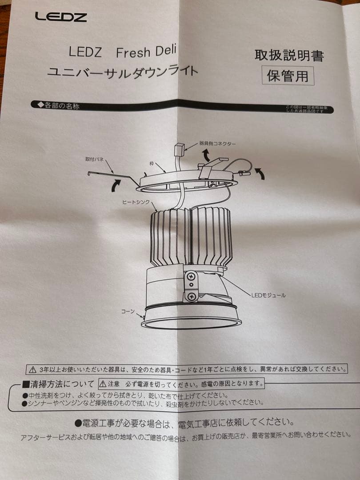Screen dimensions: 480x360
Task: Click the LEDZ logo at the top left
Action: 61,17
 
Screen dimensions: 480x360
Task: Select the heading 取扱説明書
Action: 289,56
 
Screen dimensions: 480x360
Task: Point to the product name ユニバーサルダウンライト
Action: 122,71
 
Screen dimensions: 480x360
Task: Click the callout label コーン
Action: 128,312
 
